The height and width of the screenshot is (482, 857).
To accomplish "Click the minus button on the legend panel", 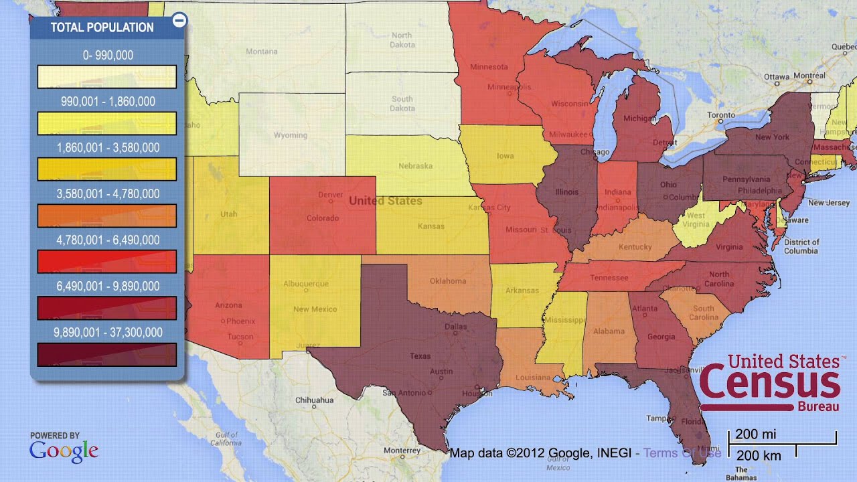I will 179,21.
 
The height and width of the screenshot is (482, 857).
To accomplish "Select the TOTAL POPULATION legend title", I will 102,27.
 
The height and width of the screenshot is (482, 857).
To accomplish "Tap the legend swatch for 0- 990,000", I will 107,77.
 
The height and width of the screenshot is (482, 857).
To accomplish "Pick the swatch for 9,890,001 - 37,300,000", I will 107,355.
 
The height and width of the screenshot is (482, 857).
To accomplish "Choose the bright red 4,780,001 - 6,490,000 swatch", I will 107,261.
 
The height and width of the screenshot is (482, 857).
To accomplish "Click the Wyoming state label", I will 290,135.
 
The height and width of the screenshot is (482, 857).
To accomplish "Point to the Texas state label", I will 420,356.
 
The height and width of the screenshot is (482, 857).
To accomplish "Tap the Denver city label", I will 331,195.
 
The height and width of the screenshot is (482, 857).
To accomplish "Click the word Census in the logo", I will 769,384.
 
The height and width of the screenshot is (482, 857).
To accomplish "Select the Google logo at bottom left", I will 64,451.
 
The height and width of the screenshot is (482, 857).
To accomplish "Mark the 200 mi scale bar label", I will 756,434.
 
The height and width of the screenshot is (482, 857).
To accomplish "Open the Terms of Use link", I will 682,453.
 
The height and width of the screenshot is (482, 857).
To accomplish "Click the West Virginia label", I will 696,220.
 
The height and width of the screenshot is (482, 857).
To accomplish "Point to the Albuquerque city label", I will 306,284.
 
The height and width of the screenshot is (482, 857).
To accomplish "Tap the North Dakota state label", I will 402,40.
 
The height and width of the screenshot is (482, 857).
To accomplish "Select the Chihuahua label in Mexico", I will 315,400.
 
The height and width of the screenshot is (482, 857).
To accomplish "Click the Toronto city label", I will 720,115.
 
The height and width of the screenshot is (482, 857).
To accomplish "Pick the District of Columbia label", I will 801,246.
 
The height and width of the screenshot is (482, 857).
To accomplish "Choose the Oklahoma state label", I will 447,280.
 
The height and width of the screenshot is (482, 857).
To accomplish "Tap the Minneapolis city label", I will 510,87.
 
